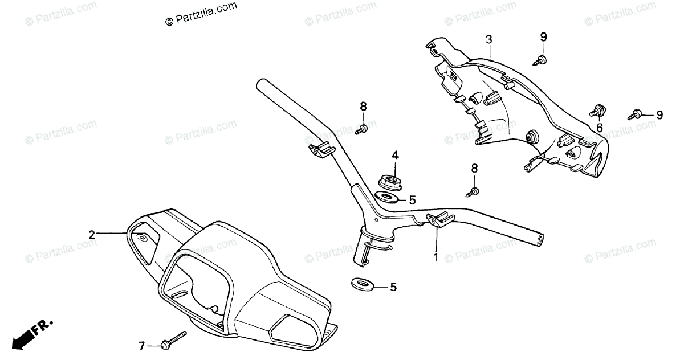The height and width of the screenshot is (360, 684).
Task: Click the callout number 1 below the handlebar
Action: [x=436, y=257]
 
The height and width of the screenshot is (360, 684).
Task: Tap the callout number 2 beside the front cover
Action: [x=91, y=234]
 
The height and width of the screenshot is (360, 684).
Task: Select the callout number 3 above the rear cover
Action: [x=489, y=39]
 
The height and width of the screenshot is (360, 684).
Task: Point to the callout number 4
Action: [x=394, y=155]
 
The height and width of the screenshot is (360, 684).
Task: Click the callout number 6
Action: [x=599, y=128]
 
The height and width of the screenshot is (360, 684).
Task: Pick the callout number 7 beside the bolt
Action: [x=142, y=345]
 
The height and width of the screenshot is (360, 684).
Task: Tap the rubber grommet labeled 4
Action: [x=390, y=182]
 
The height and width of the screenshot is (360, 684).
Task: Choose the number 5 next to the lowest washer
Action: [x=393, y=288]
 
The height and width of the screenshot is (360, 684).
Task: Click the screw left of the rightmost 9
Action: [x=637, y=114]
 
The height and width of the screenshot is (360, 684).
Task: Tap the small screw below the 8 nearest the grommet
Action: [x=473, y=191]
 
